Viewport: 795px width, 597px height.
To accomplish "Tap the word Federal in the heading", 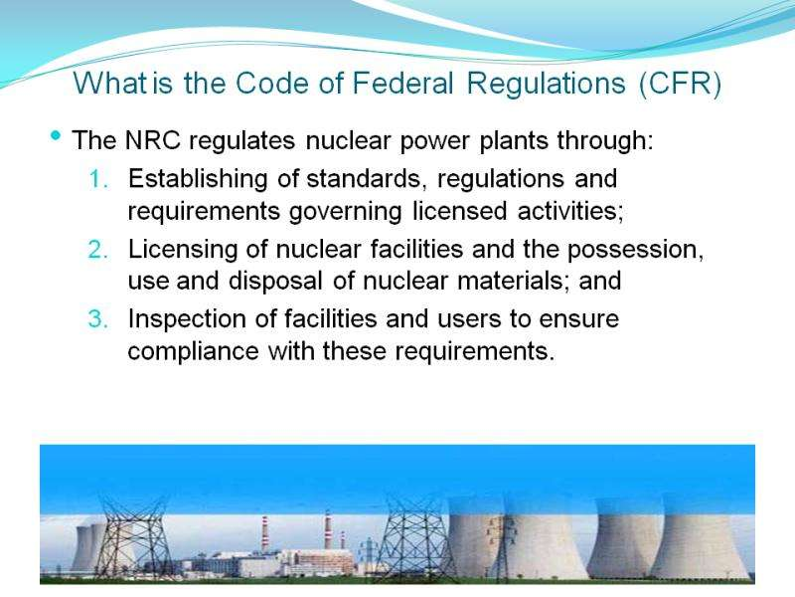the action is tap(402, 83).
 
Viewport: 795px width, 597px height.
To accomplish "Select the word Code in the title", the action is tap(271, 83).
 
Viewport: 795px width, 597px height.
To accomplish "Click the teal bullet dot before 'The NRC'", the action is tap(56, 135).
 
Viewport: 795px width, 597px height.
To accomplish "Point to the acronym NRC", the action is tap(153, 140).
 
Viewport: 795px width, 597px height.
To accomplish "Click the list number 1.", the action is tap(98, 179).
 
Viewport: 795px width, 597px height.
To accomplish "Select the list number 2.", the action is tap(98, 250).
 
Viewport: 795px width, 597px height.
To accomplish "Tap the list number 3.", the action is tap(98, 318).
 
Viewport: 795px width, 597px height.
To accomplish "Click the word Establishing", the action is tap(198, 180).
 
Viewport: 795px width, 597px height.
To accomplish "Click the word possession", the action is tap(635, 251).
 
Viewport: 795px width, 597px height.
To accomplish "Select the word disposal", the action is tap(275, 281).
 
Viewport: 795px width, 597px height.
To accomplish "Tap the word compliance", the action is tap(193, 352).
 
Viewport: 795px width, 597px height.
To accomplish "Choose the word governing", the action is tap(345, 212).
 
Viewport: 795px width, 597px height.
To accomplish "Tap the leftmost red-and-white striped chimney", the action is tap(264, 533).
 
